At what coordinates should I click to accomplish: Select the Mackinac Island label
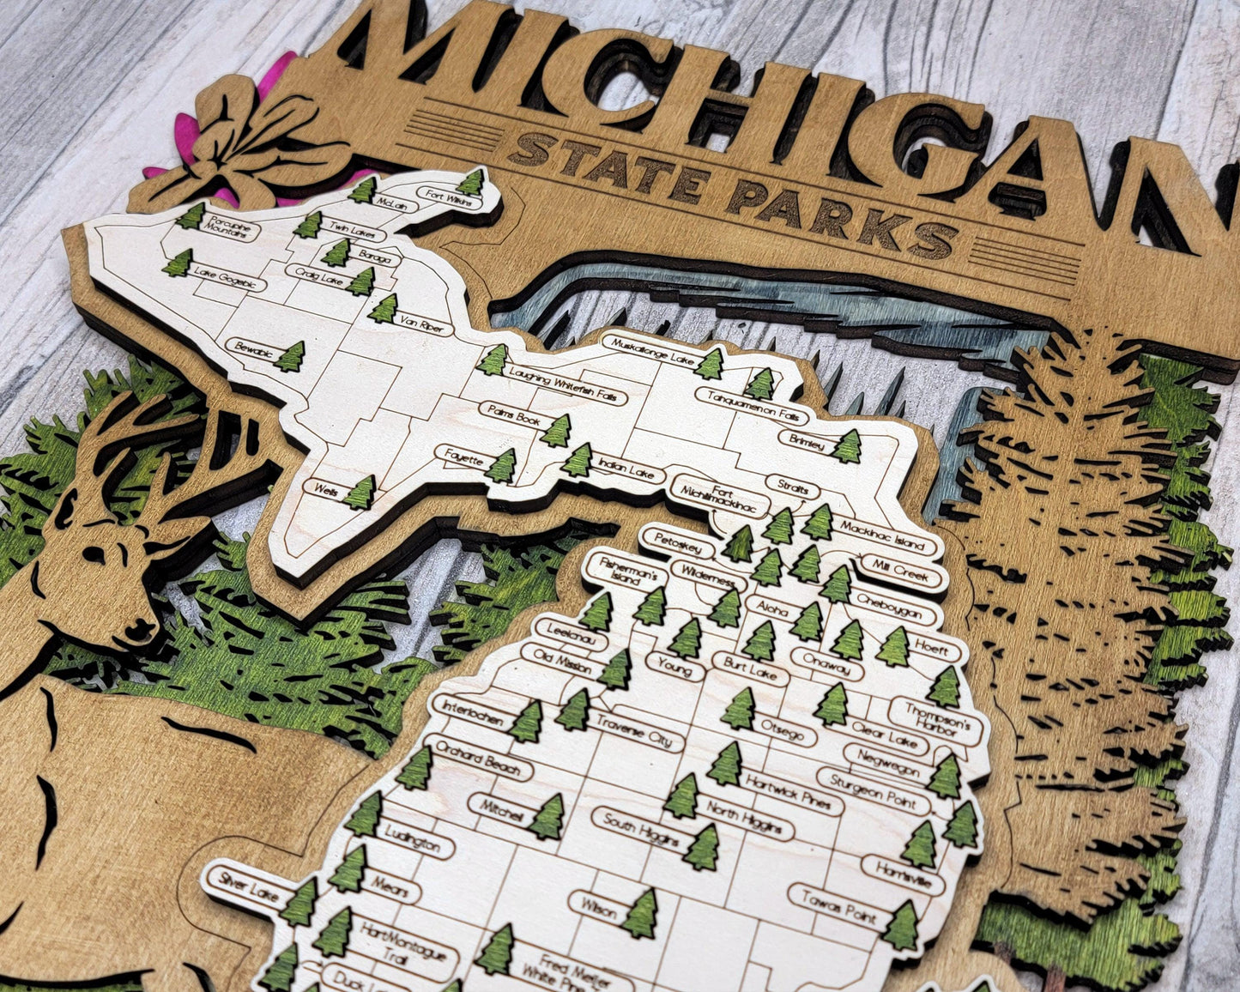tap(882, 535)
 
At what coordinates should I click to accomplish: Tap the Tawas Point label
tap(838, 906)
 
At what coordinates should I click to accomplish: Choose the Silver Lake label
tap(245, 886)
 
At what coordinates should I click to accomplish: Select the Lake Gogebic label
tap(227, 276)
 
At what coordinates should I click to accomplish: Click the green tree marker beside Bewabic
tap(290, 356)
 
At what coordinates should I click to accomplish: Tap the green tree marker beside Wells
tap(360, 493)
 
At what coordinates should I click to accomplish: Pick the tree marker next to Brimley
tap(848, 446)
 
